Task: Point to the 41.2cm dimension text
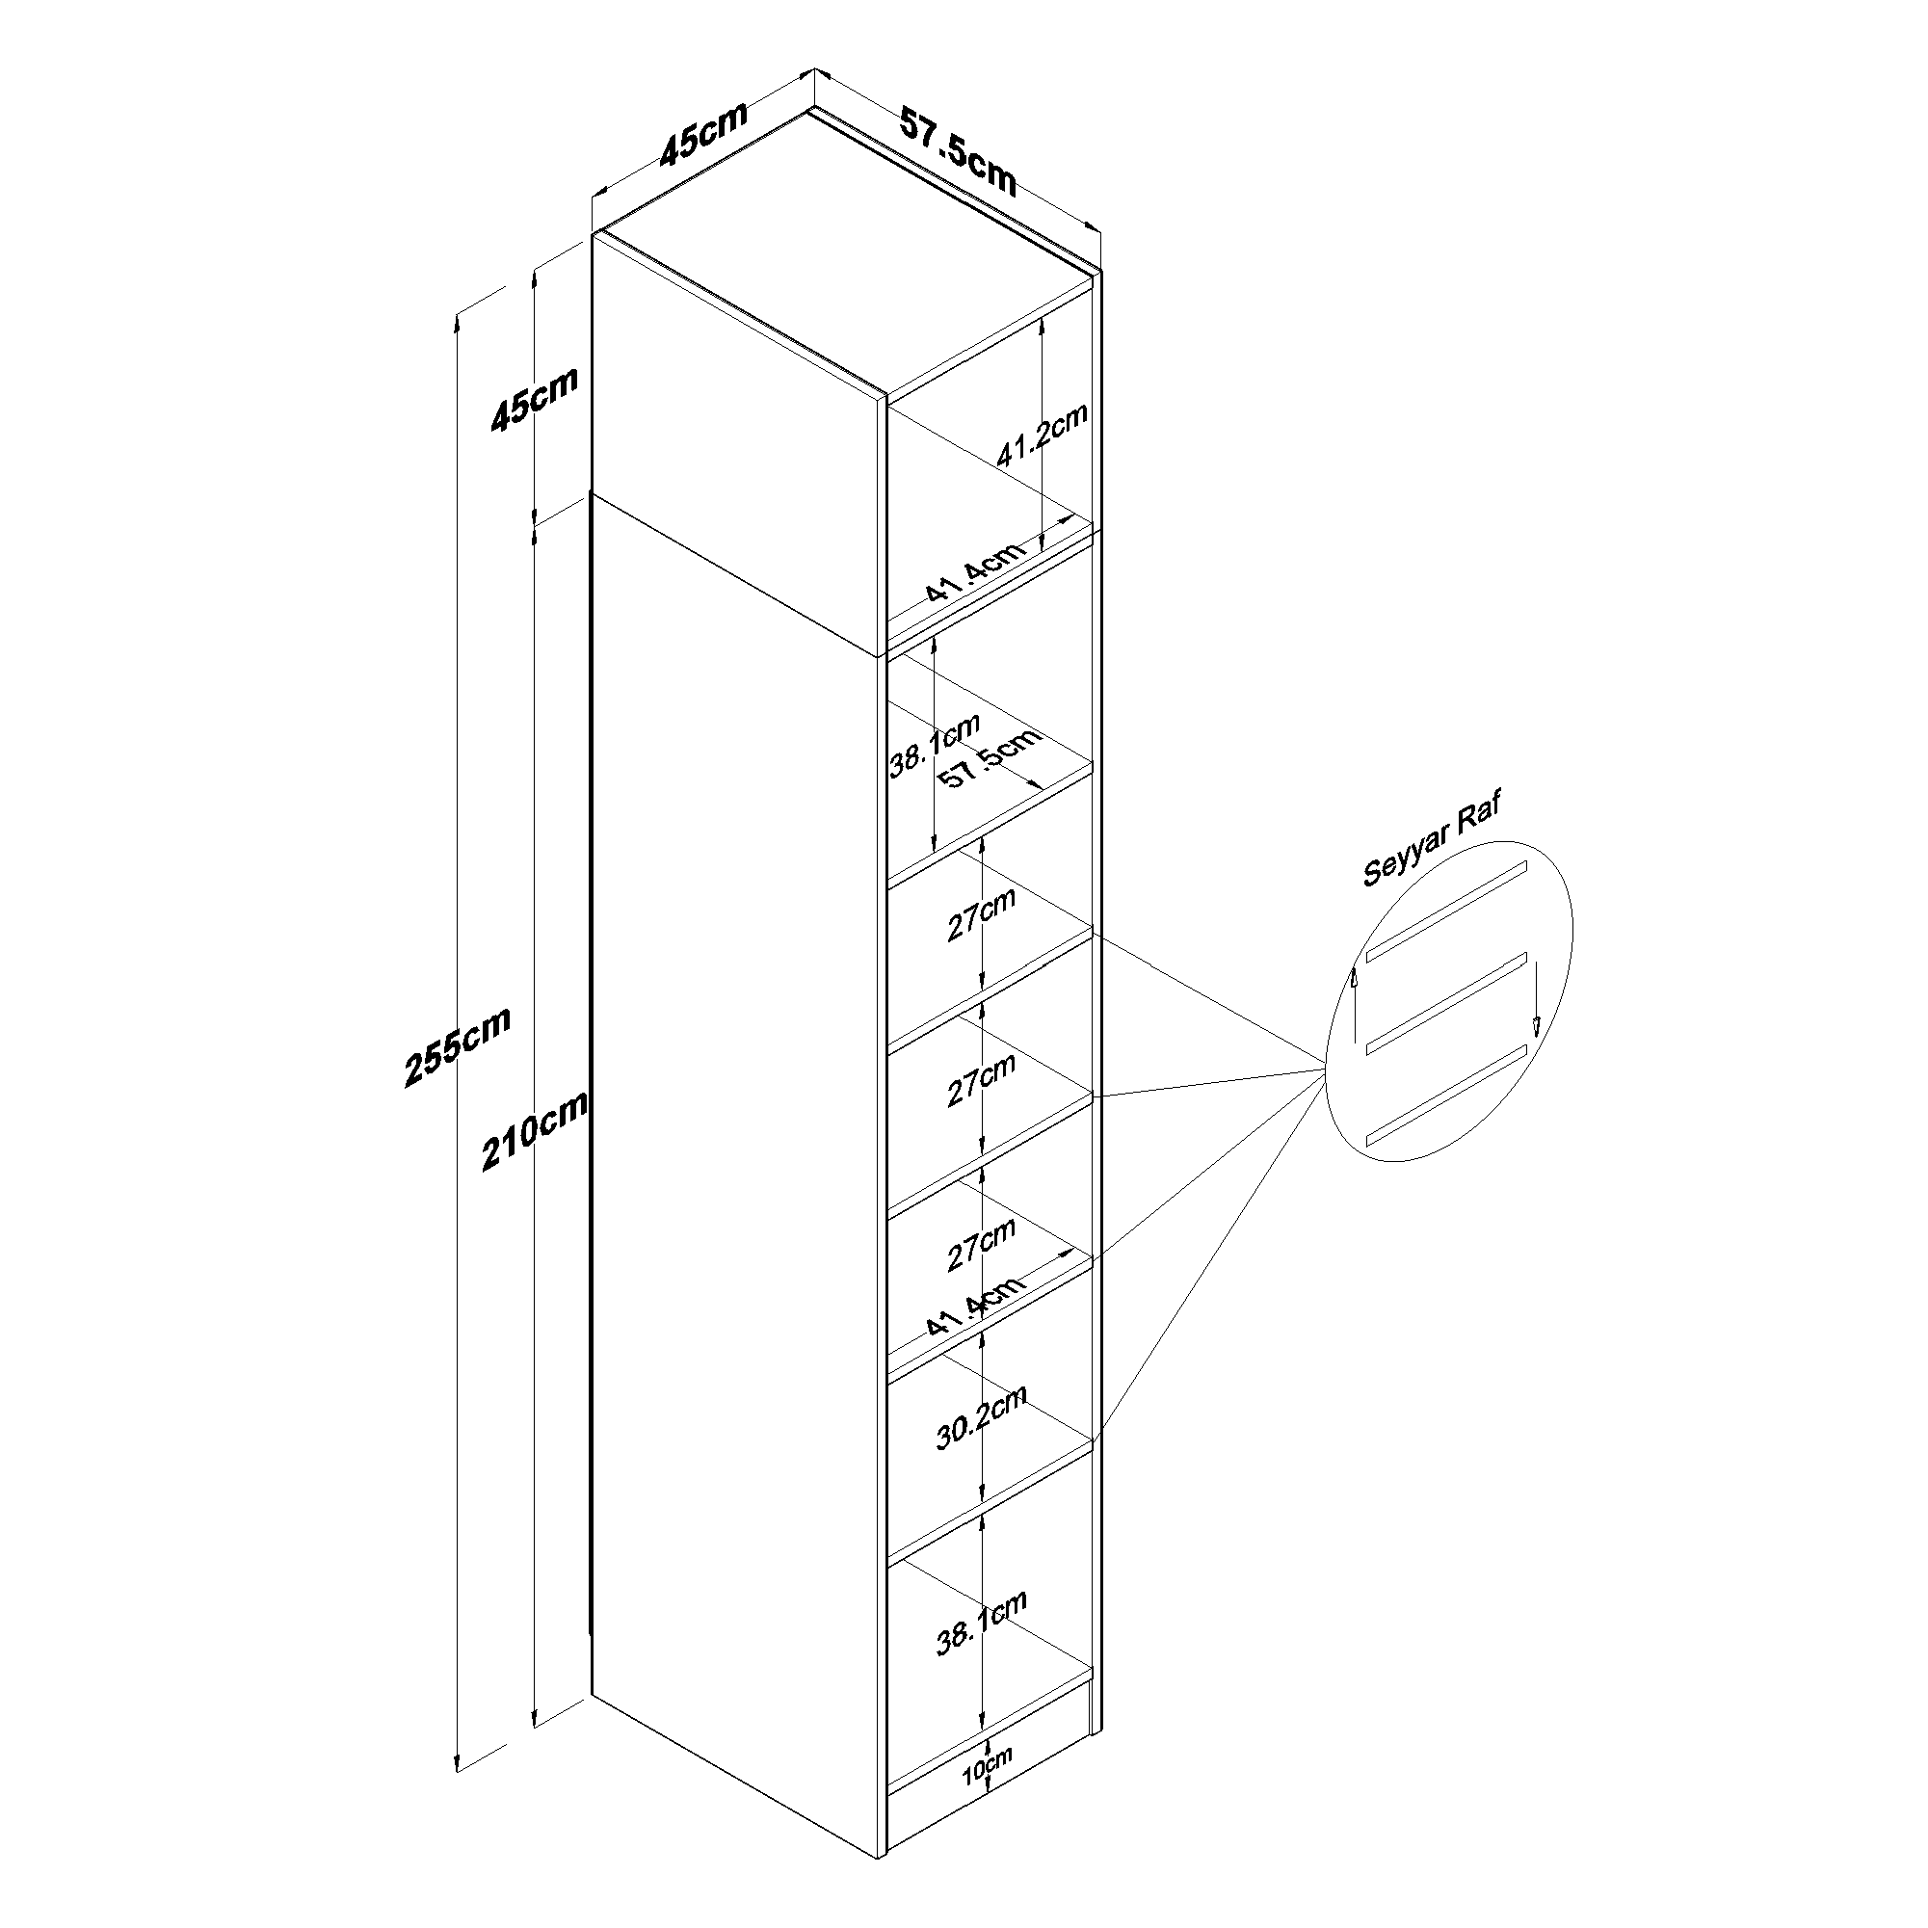click(x=1042, y=436)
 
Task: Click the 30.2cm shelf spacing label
click(x=981, y=1418)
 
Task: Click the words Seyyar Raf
click(x=1432, y=839)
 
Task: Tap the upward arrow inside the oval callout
click(x=1354, y=1003)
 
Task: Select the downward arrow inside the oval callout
click(x=1536, y=997)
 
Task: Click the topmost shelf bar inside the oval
click(x=1446, y=911)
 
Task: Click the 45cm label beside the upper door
click(x=534, y=398)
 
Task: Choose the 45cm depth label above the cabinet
click(x=703, y=133)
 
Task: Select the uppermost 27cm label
click(x=982, y=913)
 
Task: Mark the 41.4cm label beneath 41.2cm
click(x=975, y=571)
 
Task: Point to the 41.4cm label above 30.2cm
click(x=975, y=1307)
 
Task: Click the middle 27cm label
click(x=982, y=1079)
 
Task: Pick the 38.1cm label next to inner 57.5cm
click(x=935, y=745)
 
